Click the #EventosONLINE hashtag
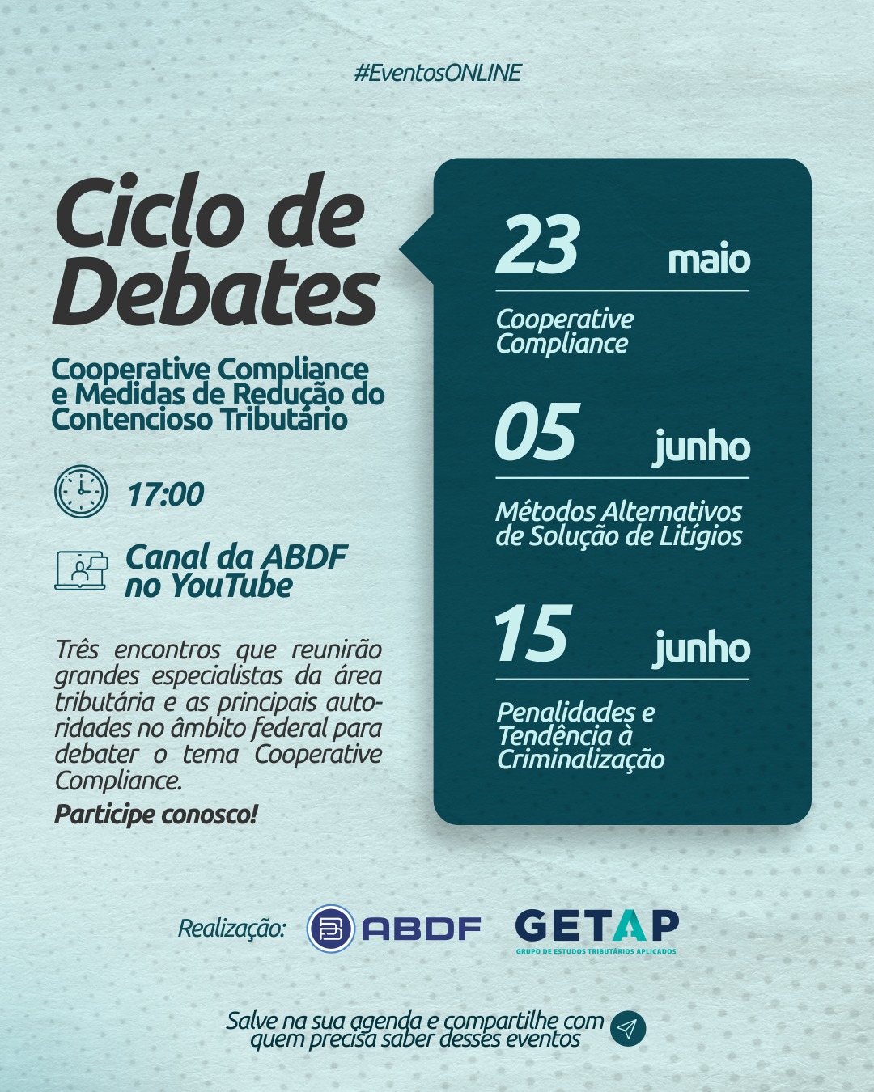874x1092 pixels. pos(438,73)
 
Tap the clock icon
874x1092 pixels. pos(81,491)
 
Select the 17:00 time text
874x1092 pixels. pos(166,493)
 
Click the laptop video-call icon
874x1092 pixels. pos(81,570)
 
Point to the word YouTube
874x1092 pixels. pos(231,586)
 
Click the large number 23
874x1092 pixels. pos(537,244)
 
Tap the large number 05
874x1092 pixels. pos(537,431)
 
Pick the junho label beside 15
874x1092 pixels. pos(702,648)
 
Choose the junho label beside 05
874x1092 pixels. pos(702,447)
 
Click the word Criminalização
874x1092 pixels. pos(580,760)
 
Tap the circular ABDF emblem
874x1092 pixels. pos(331,928)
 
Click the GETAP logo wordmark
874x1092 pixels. pos(596,925)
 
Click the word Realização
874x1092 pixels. pos(231,929)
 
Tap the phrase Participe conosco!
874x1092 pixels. pos(156,815)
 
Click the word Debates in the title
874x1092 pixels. pos(216,290)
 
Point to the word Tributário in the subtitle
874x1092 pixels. pos(284,420)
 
